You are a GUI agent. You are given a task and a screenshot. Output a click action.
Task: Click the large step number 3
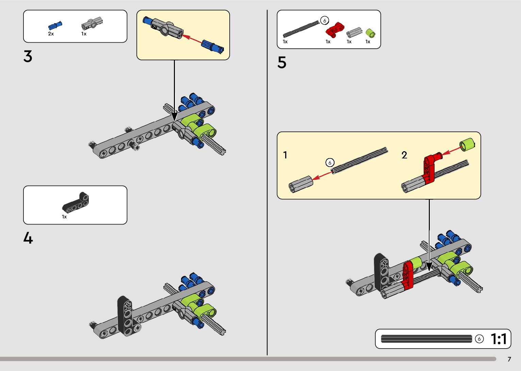point(28,57)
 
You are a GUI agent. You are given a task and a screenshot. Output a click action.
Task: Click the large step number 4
point(28,238)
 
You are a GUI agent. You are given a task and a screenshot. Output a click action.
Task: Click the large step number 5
point(282,63)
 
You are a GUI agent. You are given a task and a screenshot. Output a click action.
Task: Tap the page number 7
point(509,359)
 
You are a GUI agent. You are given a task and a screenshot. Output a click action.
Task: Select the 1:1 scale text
point(499,339)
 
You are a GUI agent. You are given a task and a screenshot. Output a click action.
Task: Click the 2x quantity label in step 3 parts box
point(51,34)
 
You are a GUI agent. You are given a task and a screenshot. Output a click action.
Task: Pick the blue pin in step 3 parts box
point(55,26)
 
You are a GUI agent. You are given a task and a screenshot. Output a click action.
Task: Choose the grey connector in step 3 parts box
point(92,24)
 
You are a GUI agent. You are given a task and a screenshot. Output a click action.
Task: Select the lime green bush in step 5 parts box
point(370,33)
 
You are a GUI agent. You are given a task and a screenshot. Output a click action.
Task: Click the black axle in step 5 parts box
point(301,29)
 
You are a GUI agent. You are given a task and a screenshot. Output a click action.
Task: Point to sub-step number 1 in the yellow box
point(285,155)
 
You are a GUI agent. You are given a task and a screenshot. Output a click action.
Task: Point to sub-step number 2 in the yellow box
point(404,155)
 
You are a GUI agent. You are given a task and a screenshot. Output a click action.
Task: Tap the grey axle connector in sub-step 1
point(300,184)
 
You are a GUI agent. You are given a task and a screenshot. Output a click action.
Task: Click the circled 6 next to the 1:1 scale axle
point(479,339)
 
